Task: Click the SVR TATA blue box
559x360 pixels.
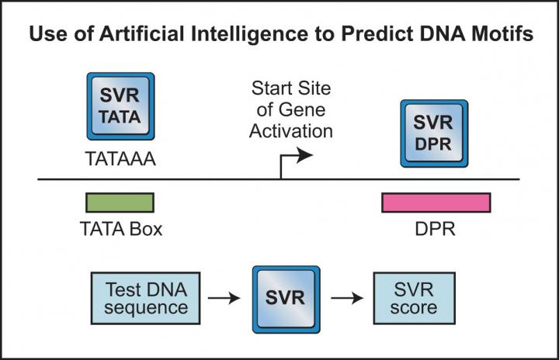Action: point(120,106)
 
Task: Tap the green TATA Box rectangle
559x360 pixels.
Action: point(120,202)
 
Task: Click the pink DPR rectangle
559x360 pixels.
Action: point(436,202)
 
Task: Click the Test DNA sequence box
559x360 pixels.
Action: point(141,296)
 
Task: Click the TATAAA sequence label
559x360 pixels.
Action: point(119,160)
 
